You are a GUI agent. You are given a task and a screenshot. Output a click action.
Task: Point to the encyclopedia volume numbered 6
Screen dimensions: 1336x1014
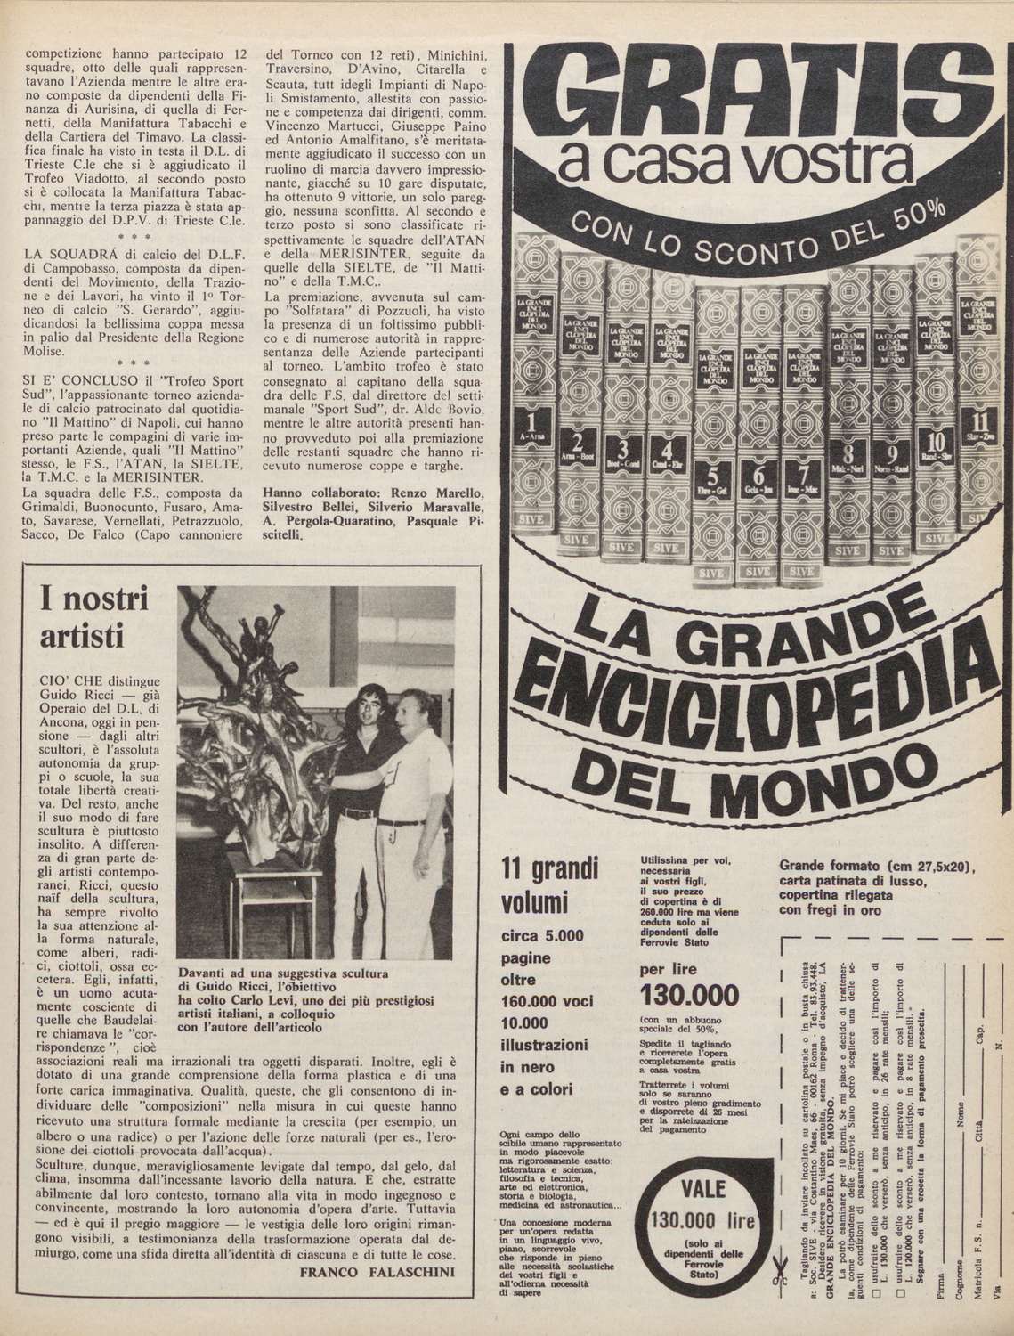[x=758, y=428]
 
